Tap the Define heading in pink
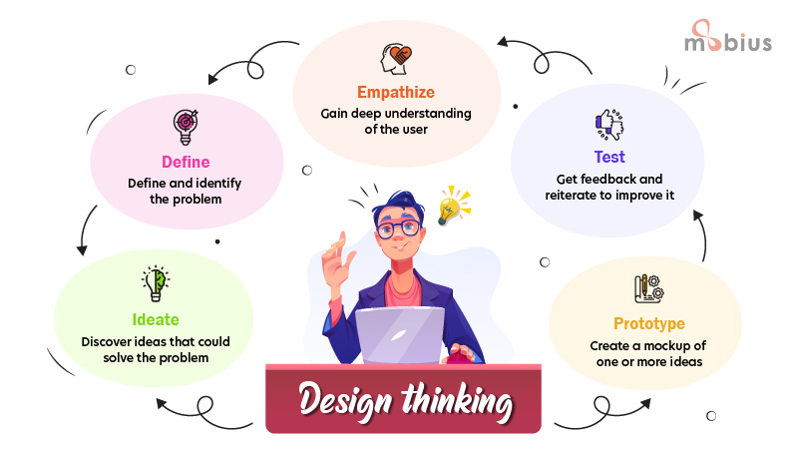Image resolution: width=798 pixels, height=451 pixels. pyautogui.click(x=186, y=162)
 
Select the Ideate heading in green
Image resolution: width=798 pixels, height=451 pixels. pyautogui.click(x=156, y=319)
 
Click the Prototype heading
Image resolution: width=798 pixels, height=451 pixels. pyautogui.click(x=649, y=324)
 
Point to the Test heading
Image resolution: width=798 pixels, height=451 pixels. pyautogui.click(x=609, y=157)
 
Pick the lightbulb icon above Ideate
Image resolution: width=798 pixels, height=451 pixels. pyautogui.click(x=155, y=283)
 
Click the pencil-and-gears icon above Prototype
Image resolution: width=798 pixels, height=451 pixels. pyautogui.click(x=649, y=288)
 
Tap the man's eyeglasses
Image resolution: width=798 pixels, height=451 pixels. pyautogui.click(x=397, y=228)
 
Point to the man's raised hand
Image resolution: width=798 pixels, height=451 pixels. pyautogui.click(x=339, y=250)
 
